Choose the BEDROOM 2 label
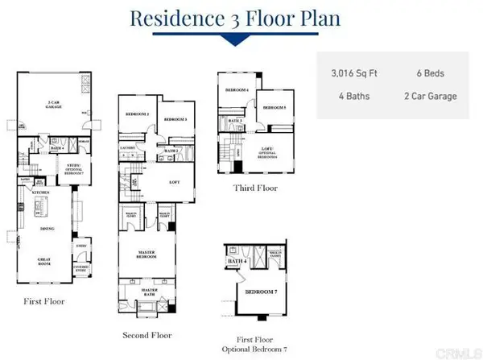pyautogui.click(x=138, y=115)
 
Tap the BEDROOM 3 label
pyautogui.click(x=175, y=120)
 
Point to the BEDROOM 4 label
pyautogui.click(x=237, y=89)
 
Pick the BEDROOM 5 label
pyautogui.click(x=275, y=107)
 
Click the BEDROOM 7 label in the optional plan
pyautogui.click(x=260, y=291)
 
